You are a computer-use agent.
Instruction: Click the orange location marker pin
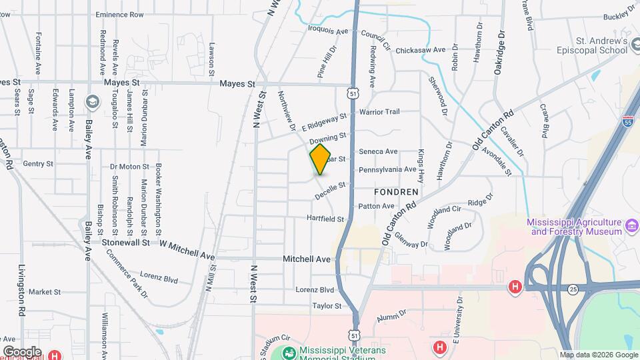[320, 159]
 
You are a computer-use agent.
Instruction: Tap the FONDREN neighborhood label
[396, 191]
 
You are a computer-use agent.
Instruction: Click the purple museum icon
[631, 231]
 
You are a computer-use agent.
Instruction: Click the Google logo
[22, 351]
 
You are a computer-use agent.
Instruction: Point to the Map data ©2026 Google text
[598, 355]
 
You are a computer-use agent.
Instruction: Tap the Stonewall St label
[125, 243]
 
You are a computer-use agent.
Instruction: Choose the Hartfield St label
[325, 219]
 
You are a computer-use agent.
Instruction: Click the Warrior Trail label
[379, 112]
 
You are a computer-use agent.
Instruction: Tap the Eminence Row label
[119, 15]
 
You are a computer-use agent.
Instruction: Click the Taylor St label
[327, 306]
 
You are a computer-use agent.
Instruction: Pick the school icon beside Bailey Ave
[92, 101]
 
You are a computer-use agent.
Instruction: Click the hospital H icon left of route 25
[515, 287]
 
